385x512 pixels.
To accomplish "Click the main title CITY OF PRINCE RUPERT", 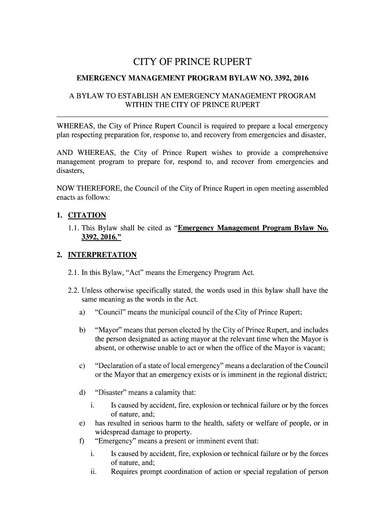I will click(192, 62).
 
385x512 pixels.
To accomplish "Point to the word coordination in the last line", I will click(193, 471).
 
